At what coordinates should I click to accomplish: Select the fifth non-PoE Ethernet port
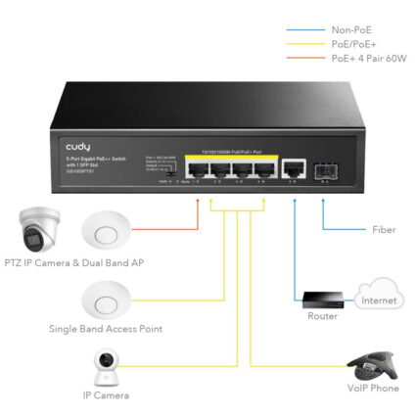click(292, 168)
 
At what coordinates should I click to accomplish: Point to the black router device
click(322, 300)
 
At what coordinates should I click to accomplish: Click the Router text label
click(322, 316)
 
